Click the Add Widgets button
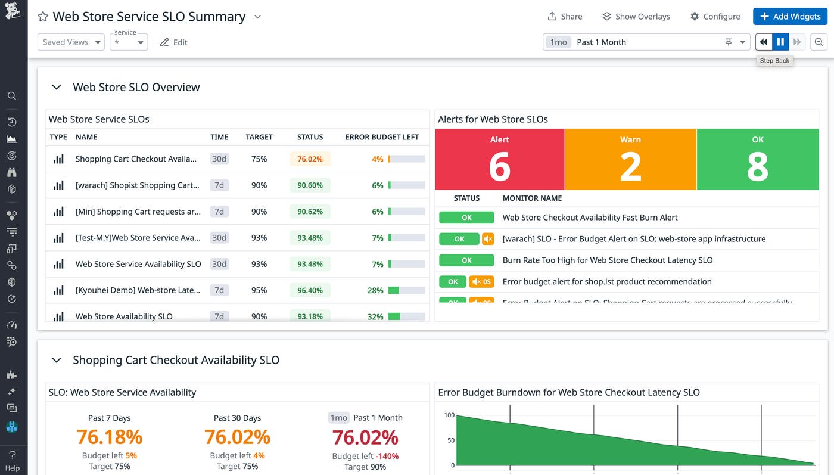[x=790, y=17]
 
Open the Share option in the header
[x=565, y=17]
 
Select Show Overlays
[x=636, y=17]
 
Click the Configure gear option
[x=715, y=17]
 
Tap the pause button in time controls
[x=780, y=42]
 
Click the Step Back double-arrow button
[x=764, y=42]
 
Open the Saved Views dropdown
[x=71, y=42]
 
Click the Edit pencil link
[x=174, y=42]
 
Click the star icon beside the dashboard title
[x=43, y=17]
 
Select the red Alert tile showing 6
[x=499, y=160]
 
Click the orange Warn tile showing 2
[x=630, y=160]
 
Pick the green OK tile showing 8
[x=757, y=160]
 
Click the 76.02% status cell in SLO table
[x=310, y=159]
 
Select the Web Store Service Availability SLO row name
[x=138, y=264]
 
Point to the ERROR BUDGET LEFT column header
[x=382, y=137]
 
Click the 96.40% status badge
[x=310, y=290]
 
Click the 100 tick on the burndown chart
[x=449, y=415]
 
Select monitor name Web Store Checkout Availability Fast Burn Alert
[x=590, y=218]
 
